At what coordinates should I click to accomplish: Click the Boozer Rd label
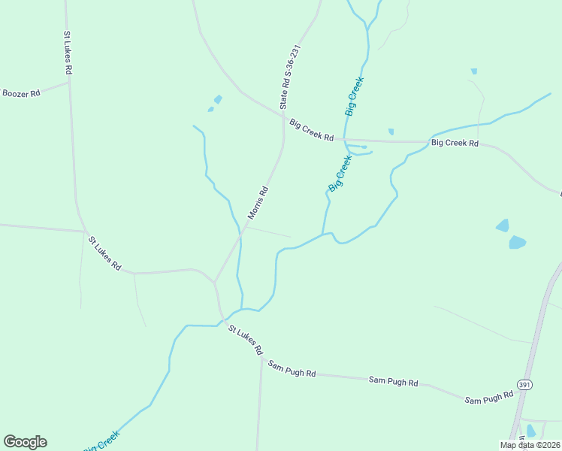[x=20, y=93]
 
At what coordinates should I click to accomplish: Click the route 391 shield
[x=525, y=385]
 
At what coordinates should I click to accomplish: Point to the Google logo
[x=25, y=442]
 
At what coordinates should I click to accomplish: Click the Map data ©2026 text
[x=530, y=445]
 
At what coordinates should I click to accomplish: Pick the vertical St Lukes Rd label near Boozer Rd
[x=68, y=53]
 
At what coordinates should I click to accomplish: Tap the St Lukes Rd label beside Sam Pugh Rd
[x=246, y=340]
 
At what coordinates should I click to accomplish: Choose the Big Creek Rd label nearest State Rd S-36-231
[x=311, y=130]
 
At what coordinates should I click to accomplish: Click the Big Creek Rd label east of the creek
[x=454, y=142]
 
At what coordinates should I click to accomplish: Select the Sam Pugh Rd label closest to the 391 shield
[x=488, y=398]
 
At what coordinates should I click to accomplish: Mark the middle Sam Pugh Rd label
[x=393, y=381]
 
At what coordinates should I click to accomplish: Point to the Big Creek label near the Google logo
[x=101, y=441]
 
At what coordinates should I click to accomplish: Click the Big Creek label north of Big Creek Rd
[x=355, y=95]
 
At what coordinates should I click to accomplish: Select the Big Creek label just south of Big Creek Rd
[x=340, y=173]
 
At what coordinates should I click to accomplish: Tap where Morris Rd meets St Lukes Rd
[x=215, y=283]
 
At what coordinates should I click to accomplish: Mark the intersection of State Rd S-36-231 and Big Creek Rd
[x=283, y=117]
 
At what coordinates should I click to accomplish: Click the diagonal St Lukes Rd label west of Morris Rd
[x=104, y=253]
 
